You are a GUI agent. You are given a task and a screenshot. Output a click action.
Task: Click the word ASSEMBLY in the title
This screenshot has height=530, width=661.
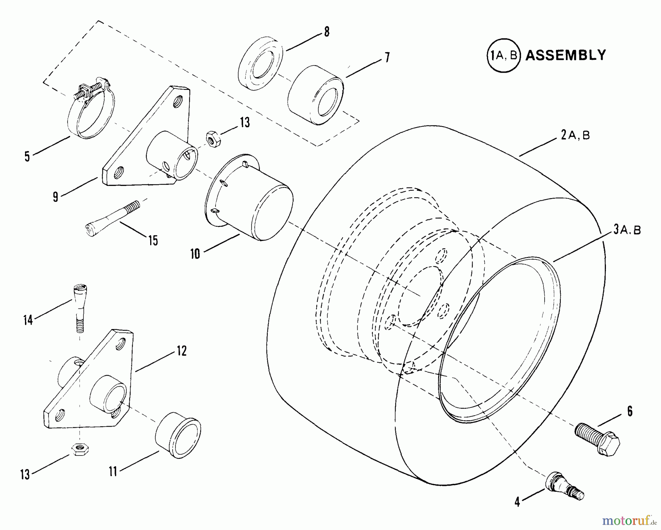566,55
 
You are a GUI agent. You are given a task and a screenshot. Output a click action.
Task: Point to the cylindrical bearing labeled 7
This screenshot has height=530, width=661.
315,95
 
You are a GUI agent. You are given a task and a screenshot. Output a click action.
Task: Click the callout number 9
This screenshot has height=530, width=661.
55,197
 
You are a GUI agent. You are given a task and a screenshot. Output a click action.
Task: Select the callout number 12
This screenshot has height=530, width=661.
182,351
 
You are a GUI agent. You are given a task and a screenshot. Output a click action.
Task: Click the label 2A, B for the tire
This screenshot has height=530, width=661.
575,135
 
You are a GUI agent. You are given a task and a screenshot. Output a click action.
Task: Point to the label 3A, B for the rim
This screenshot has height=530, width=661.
627,230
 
